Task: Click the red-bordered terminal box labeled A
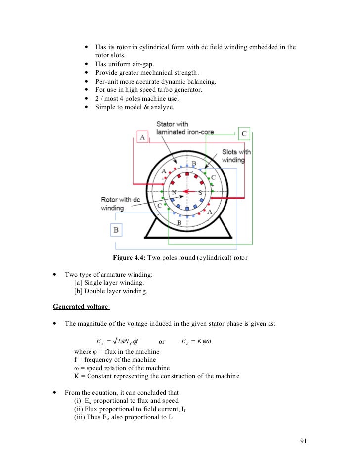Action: pos(143,137)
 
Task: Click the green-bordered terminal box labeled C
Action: pos(244,133)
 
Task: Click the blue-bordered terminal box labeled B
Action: pos(116,230)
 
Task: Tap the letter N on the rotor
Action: pos(174,192)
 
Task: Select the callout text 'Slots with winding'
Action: pos(237,156)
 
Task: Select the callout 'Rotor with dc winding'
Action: pos(117,204)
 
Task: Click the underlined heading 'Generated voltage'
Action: pos(81,307)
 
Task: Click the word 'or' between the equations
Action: pos(161,342)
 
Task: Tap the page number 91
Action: pos(304,441)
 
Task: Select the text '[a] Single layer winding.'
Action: pos(109,283)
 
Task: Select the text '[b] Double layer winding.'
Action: pos(110,291)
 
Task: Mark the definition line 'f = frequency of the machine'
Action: pos(114,360)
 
